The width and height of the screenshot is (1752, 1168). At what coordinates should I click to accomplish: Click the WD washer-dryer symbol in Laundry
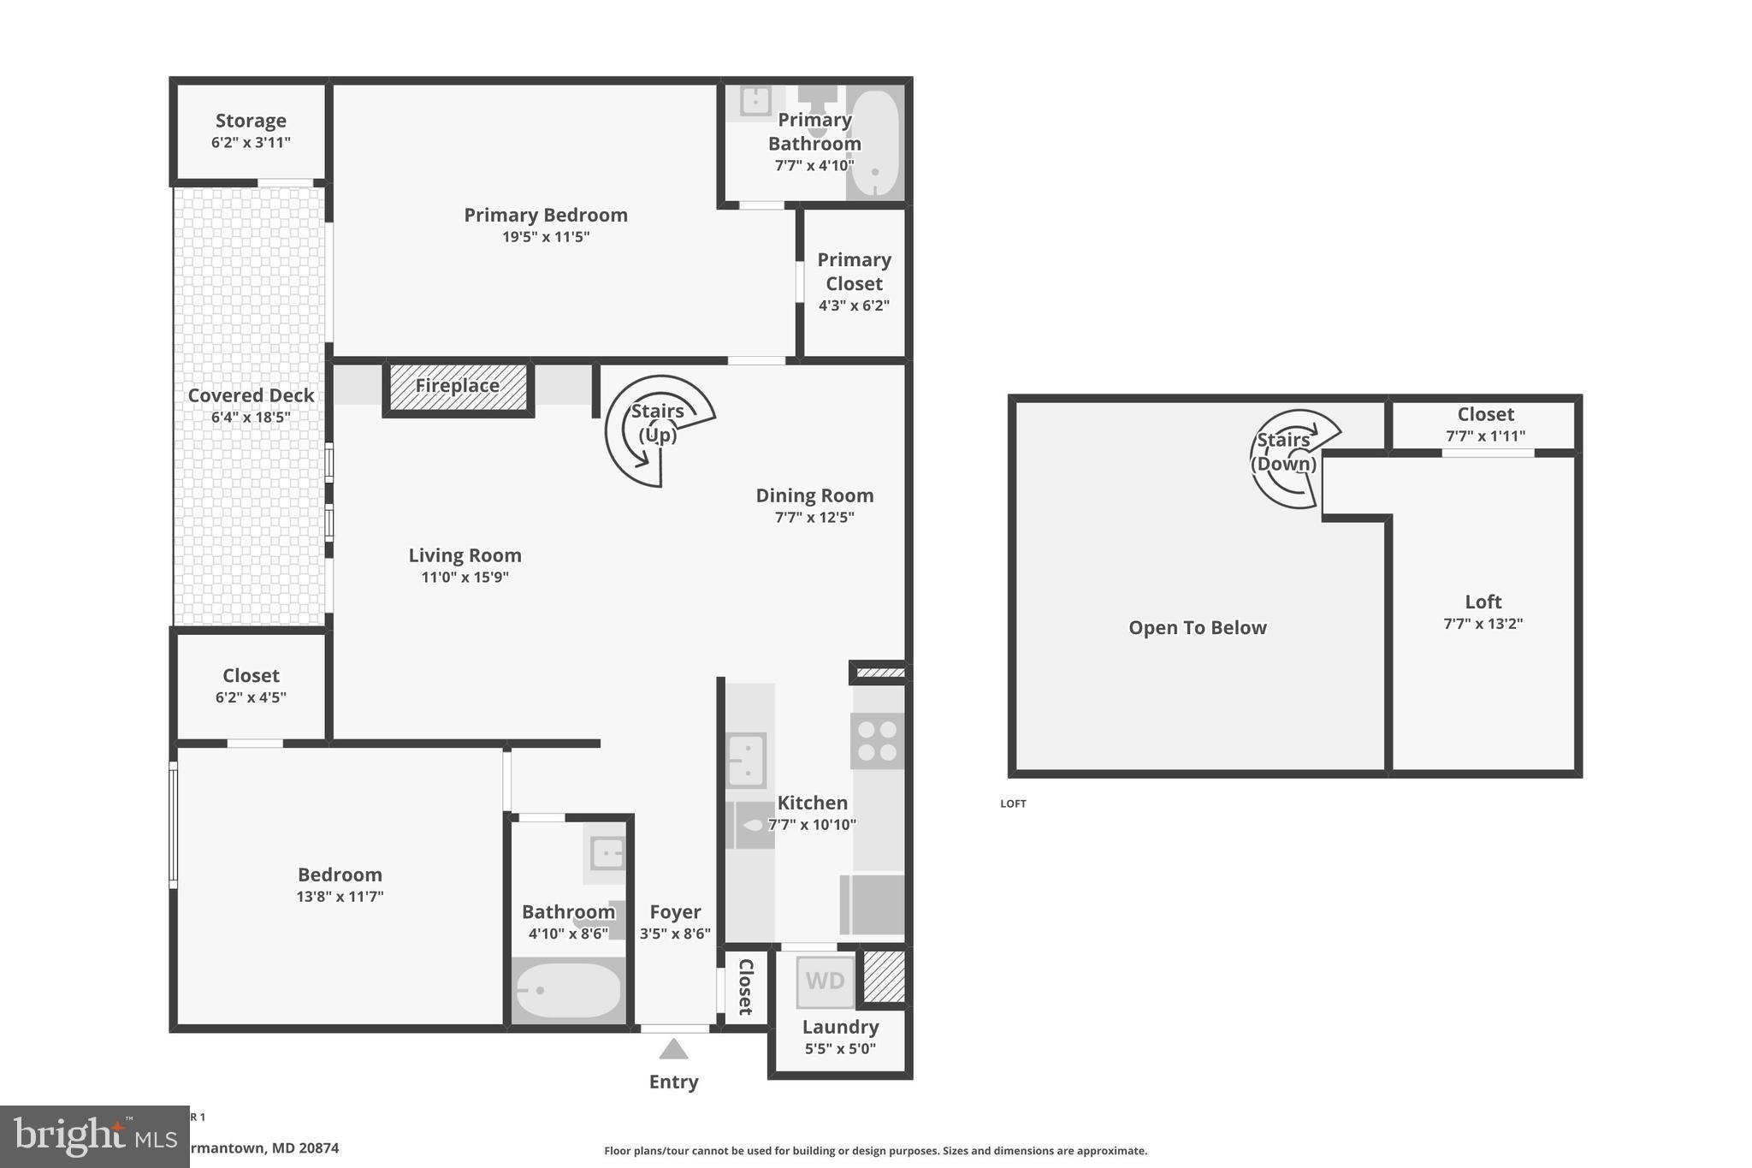pos(825,981)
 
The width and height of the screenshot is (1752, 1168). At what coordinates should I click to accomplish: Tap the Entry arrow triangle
pos(673,1049)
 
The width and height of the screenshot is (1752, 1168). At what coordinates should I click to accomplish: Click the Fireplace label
pos(458,386)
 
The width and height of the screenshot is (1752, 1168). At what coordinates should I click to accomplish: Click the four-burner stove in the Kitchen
pos(878,741)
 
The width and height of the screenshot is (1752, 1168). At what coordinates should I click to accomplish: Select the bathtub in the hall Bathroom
pos(568,990)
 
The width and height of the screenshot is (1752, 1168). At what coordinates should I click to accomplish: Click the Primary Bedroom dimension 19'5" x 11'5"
pos(546,237)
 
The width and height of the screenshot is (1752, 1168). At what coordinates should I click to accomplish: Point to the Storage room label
pos(251,121)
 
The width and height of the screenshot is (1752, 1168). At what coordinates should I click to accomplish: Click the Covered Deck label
pos(251,395)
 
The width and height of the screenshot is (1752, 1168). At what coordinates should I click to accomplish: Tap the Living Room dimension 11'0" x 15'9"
pos(465,578)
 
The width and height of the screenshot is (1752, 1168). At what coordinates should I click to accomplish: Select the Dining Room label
pos(814,495)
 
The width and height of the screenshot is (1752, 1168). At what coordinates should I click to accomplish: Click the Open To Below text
pos(1197,628)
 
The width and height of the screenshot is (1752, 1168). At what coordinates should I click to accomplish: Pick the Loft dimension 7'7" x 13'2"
pos(1483,624)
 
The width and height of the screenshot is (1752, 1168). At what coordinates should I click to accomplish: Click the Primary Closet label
pos(854,271)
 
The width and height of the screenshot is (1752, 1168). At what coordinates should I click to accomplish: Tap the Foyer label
pos(675,912)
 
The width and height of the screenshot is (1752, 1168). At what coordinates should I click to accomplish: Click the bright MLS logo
pos(94,1136)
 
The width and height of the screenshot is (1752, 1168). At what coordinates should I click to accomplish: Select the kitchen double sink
pos(746,760)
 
